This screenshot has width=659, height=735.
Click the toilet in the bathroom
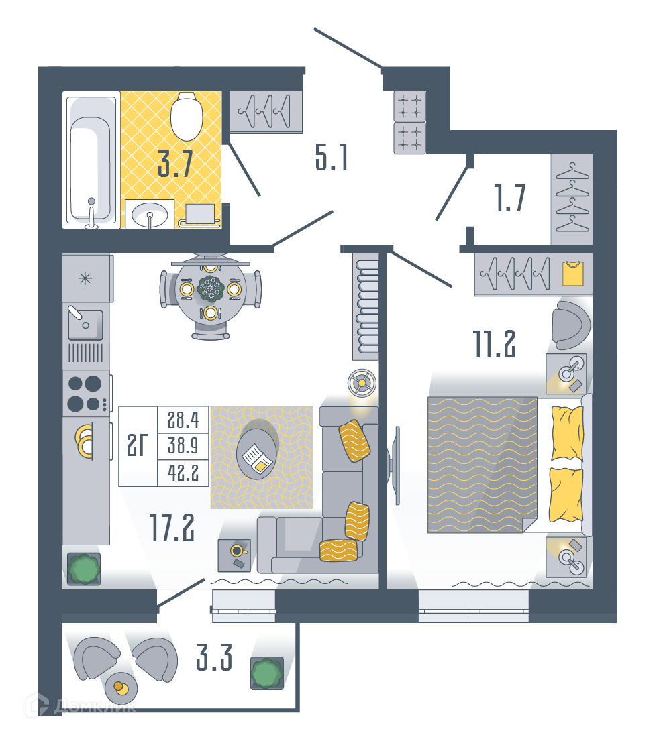click(x=187, y=116)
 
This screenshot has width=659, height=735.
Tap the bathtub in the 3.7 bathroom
click(x=91, y=160)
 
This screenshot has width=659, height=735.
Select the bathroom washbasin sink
click(x=150, y=215)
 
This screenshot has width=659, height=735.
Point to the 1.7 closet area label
click(x=510, y=198)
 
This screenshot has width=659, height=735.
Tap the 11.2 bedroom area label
click(x=494, y=343)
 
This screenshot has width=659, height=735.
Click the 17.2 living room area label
click(x=172, y=527)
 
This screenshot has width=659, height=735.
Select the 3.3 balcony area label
click(x=214, y=657)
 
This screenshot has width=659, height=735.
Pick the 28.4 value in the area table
click(x=183, y=420)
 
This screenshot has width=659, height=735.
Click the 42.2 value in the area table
click(x=183, y=473)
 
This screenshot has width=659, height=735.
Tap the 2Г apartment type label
click(x=138, y=445)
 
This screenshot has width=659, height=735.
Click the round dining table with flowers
click(x=211, y=289)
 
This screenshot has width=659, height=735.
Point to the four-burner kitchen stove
click(x=87, y=393)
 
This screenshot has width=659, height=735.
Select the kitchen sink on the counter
click(x=85, y=324)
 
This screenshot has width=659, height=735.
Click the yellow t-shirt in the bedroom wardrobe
click(x=572, y=274)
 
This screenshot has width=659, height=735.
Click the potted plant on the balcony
click(x=267, y=673)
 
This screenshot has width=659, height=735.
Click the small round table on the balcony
click(x=121, y=688)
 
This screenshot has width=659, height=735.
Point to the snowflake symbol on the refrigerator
click(x=85, y=279)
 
